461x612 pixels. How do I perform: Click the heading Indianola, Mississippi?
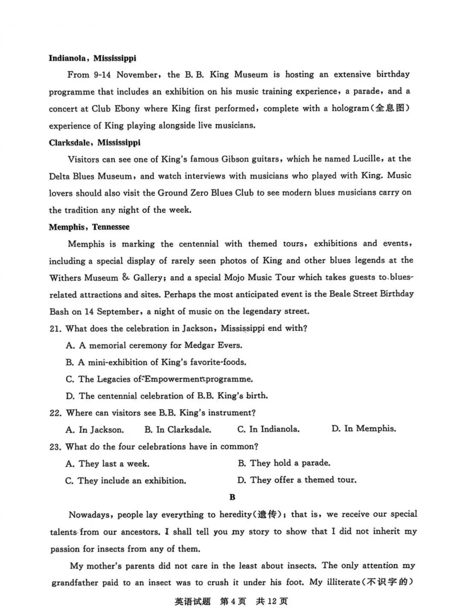tap(93, 57)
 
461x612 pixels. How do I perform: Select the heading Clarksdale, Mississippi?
tap(94, 142)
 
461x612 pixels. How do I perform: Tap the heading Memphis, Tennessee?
tap(89, 227)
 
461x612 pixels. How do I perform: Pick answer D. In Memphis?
tap(364, 429)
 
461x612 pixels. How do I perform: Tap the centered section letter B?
tap(232, 497)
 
